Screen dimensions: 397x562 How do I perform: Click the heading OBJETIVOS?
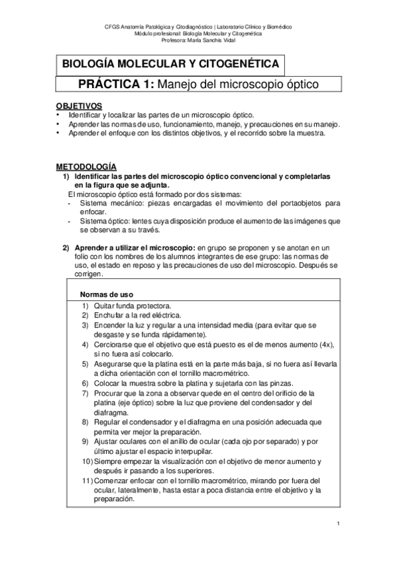[78, 105]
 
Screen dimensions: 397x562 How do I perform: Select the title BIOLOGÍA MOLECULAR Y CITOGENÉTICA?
[170, 65]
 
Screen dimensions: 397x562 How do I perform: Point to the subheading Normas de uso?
[107, 294]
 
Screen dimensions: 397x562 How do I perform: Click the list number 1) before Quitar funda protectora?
[86, 306]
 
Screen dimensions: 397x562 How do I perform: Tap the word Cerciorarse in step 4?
[114, 345]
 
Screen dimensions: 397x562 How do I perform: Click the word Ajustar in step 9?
[106, 441]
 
